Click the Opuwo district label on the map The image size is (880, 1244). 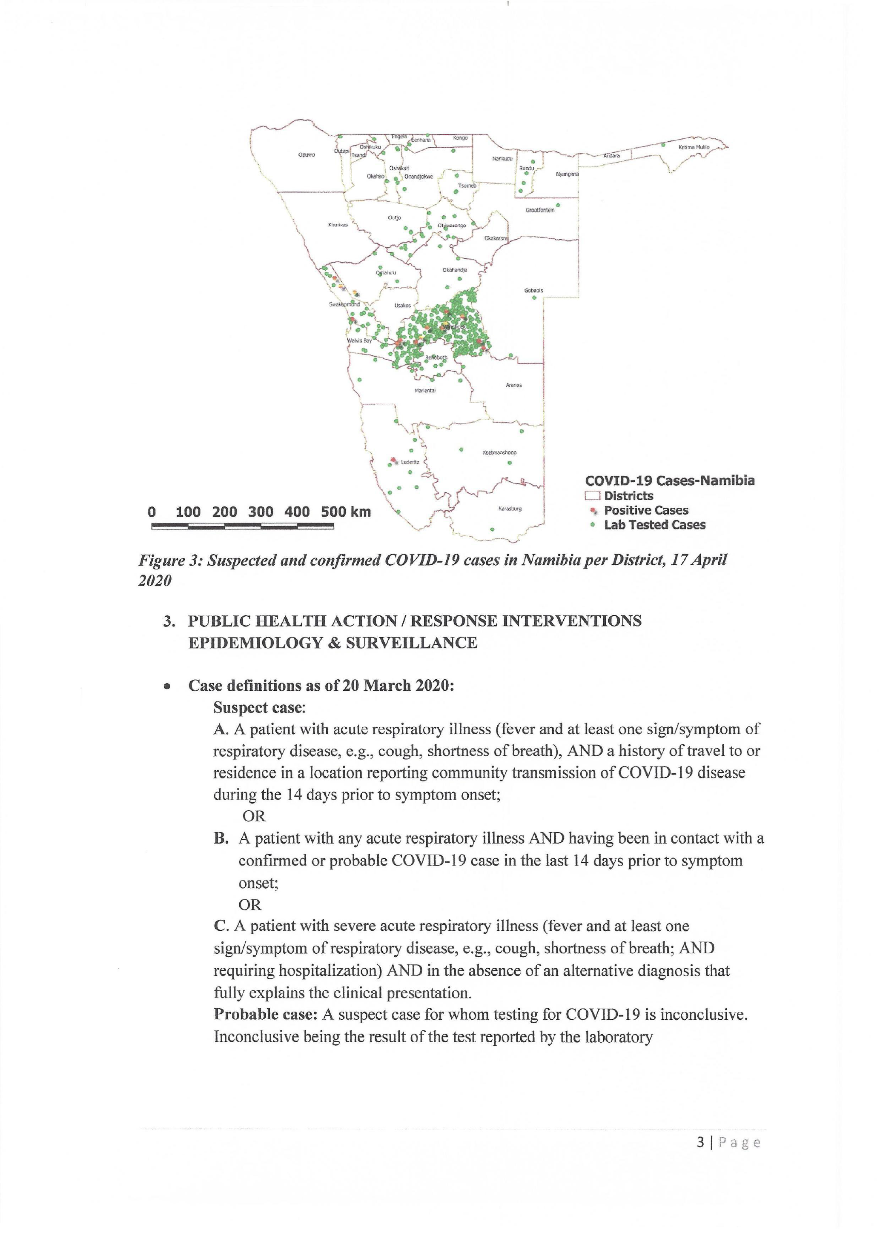306,155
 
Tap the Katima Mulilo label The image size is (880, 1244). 694,147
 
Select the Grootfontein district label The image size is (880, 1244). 540,210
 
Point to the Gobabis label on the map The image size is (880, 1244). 533,290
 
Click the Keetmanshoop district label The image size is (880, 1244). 500,452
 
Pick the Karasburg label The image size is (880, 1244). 510,509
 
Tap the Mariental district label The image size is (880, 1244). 425,391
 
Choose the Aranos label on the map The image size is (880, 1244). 514,385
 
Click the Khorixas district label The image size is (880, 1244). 338,225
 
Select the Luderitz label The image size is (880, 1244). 410,462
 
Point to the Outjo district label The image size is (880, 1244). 395,218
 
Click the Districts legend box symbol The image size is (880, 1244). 592,496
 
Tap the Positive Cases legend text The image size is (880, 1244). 646,510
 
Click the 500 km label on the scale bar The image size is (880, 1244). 346,512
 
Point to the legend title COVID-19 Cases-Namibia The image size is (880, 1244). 669,480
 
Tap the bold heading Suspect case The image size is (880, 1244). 259,708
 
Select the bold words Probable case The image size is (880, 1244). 265,1014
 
